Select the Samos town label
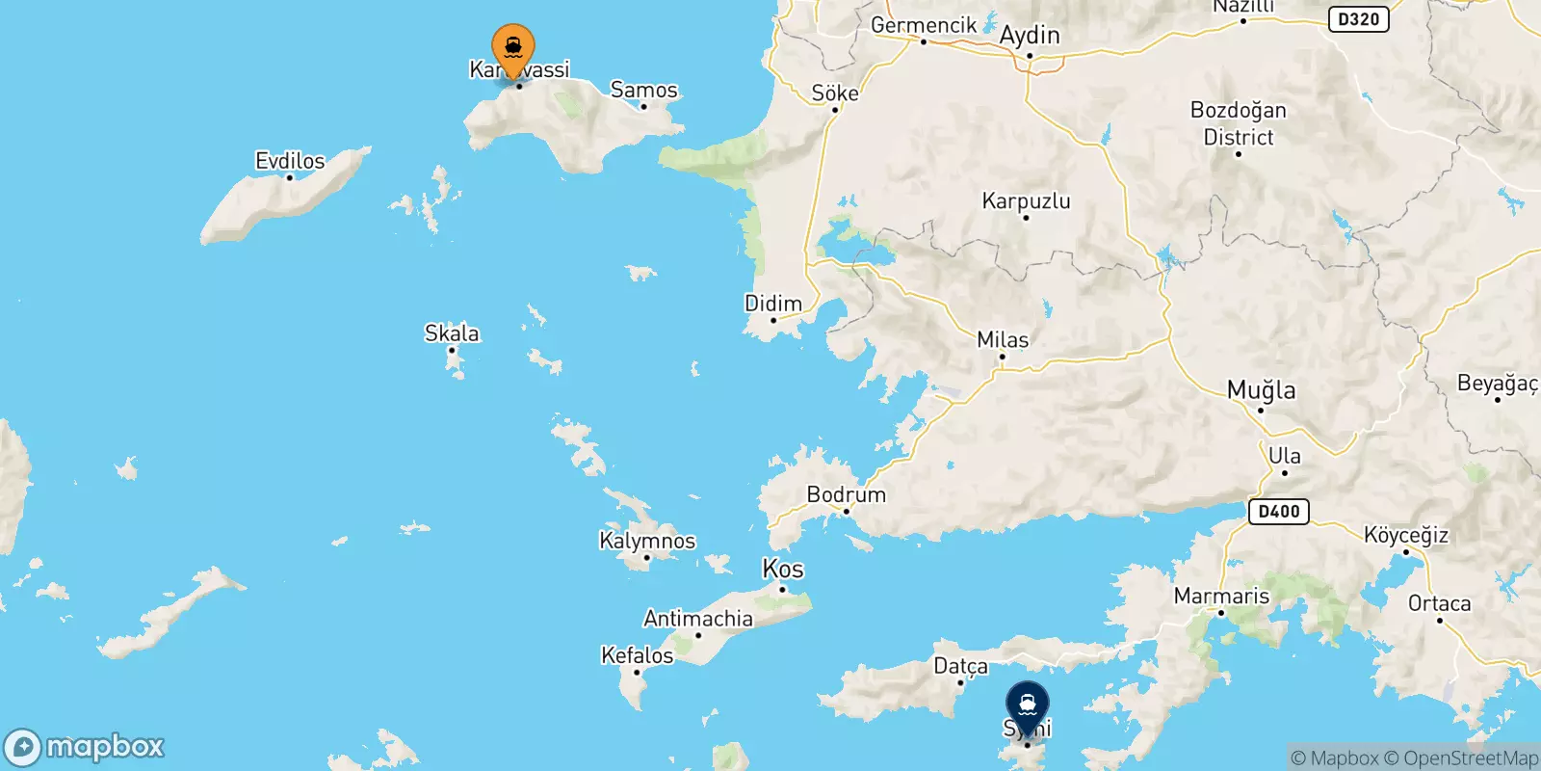(x=643, y=90)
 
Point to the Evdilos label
(x=290, y=161)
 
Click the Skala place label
(x=452, y=333)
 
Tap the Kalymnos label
(x=647, y=541)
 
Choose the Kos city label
(x=783, y=569)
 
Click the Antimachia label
(x=698, y=619)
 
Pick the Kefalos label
(x=637, y=655)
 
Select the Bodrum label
(x=846, y=494)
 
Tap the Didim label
(x=773, y=304)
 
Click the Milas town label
(x=1003, y=340)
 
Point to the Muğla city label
(x=1261, y=390)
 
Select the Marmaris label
(x=1221, y=597)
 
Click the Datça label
(x=960, y=666)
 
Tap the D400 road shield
(x=1279, y=512)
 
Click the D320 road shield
(x=1358, y=19)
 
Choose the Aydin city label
(x=1030, y=36)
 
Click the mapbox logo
(x=85, y=747)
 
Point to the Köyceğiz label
(x=1406, y=536)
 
